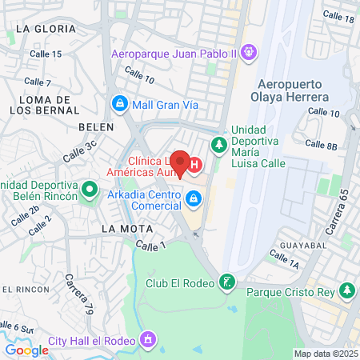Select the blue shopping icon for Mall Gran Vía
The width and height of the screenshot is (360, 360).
pyautogui.click(x=119, y=103)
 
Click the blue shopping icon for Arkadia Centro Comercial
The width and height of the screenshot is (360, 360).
pyautogui.click(x=192, y=198)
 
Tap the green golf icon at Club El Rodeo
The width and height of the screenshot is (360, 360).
pyautogui.click(x=229, y=282)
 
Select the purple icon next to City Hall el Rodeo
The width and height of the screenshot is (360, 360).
pyautogui.click(x=147, y=342)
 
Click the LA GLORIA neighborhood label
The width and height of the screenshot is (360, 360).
pyautogui.click(x=39, y=28)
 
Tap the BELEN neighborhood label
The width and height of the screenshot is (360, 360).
pyautogui.click(x=93, y=127)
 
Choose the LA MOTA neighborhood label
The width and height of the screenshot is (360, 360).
pyautogui.click(x=121, y=228)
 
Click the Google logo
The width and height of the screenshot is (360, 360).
pyautogui.click(x=26, y=350)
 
